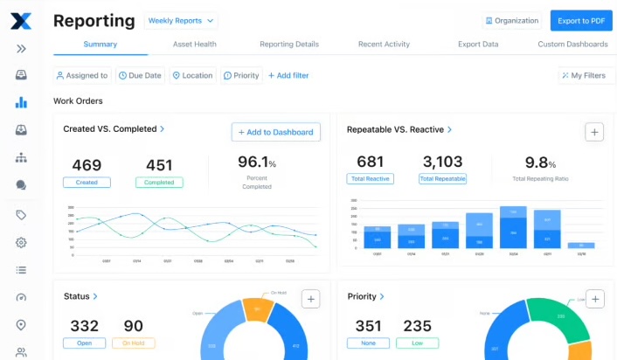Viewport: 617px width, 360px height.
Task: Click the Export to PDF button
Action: [580, 20]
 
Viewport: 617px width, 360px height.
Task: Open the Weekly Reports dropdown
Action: [181, 20]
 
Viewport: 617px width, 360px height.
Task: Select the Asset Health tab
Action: [194, 44]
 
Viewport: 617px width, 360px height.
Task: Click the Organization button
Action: [511, 20]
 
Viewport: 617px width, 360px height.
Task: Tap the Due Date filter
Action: [140, 75]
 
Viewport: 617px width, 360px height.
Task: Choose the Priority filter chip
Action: [241, 75]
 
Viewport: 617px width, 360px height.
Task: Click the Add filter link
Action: [288, 75]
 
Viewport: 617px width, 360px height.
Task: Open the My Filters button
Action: [582, 75]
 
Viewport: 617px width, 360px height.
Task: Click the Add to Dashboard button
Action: [275, 132]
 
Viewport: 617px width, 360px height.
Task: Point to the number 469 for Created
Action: [87, 165]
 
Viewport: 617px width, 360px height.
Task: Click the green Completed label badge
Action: [159, 183]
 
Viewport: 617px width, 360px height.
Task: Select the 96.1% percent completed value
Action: [256, 163]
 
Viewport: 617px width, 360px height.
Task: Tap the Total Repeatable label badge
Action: [442, 178]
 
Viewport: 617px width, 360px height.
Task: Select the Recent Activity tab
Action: [385, 44]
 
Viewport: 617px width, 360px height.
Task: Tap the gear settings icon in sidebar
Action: [21, 242]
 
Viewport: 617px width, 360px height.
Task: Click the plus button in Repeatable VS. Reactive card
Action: [594, 132]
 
